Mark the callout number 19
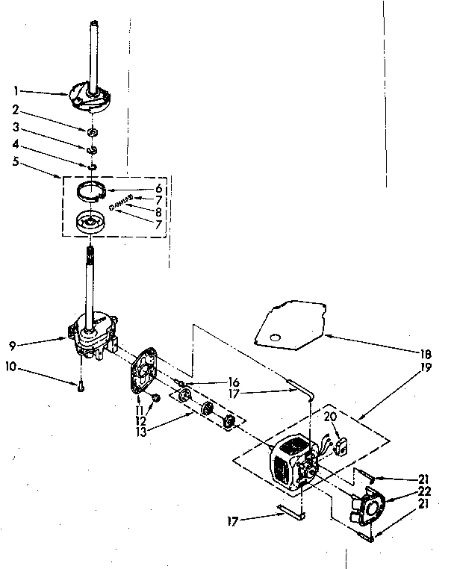(404, 368)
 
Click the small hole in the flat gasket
(278, 340)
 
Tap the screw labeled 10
(80, 386)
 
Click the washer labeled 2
(93, 132)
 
